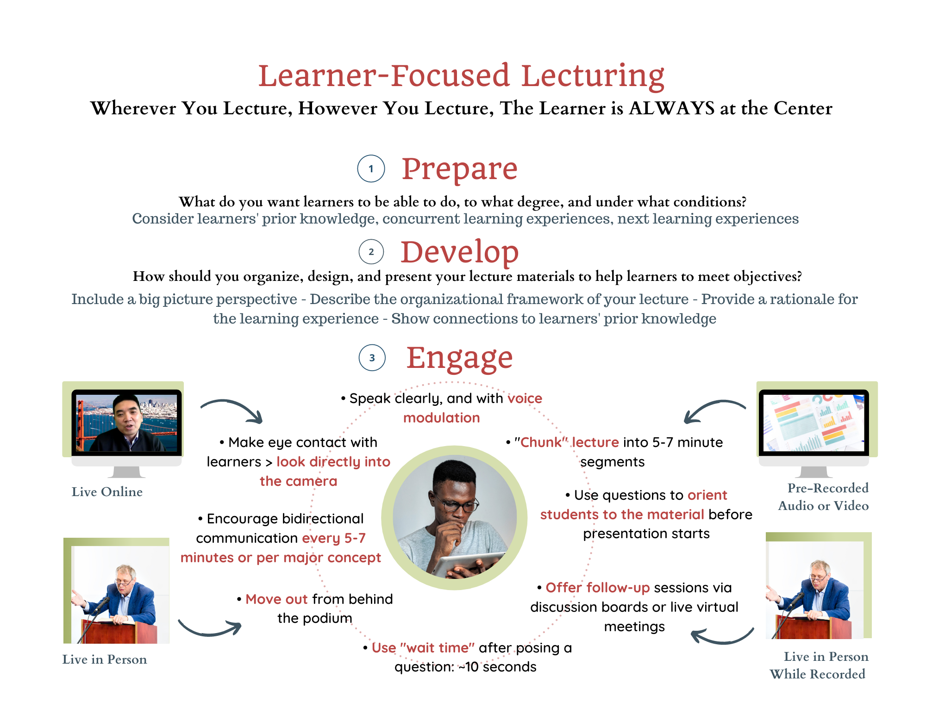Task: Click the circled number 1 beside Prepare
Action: tap(371, 169)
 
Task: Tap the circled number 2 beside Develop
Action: tap(371, 252)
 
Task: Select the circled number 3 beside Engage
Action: tap(372, 358)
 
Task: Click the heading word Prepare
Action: tap(459, 169)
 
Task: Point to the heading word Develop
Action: tap(459, 253)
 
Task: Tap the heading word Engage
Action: tap(459, 358)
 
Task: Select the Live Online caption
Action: tap(107, 492)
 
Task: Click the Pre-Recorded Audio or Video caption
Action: tap(824, 497)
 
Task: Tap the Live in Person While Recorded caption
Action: tap(818, 665)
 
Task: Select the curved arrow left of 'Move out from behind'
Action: tap(210, 629)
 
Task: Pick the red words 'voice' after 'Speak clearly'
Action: tap(525, 398)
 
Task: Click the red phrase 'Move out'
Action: tap(276, 599)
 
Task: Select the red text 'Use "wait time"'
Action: tap(423, 648)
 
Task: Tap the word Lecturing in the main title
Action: tap(593, 76)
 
